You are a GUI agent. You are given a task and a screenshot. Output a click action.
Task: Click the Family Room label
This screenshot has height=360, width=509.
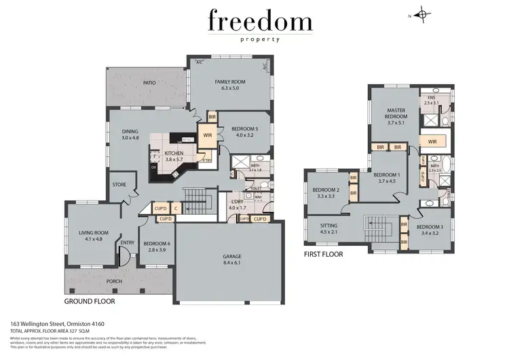pos(230,82)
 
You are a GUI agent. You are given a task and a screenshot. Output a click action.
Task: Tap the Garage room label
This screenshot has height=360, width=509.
pos(232,257)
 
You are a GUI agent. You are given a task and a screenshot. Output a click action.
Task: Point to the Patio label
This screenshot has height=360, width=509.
pos(149,83)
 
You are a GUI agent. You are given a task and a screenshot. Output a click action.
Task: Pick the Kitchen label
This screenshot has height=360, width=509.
pos(174,154)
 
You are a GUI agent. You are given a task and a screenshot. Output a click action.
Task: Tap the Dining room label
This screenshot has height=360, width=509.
pos(130,132)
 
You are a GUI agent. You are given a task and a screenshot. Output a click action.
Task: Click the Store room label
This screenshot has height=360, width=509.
pos(119,183)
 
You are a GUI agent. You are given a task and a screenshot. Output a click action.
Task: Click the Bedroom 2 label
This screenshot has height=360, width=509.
pos(324,190)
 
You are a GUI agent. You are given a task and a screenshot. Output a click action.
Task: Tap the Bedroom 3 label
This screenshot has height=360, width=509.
pos(429,227)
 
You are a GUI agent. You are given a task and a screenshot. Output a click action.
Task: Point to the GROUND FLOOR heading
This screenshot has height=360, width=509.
pos(90,300)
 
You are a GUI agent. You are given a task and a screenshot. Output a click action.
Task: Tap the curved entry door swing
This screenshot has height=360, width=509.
pos(124,257)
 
